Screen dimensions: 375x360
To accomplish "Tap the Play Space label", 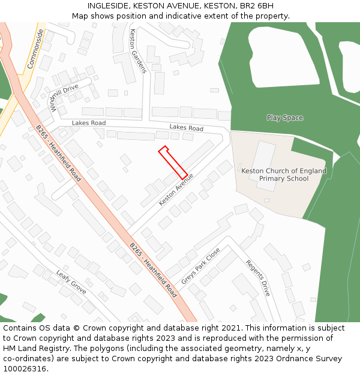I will pyautogui.click(x=284, y=118).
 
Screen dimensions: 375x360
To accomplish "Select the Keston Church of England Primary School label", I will pyautogui.click(x=284, y=175).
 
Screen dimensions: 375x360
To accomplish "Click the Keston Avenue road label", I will pyautogui.click(x=176, y=190).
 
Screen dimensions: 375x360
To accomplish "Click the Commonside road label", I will pyautogui.click(x=35, y=47).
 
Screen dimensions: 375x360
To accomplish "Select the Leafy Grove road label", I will pyautogui.click(x=71, y=282).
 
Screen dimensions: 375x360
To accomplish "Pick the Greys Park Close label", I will pyautogui.click(x=200, y=266).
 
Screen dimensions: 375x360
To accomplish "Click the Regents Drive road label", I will pyautogui.click(x=258, y=278).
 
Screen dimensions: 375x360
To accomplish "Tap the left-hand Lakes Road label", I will pyautogui.click(x=89, y=123).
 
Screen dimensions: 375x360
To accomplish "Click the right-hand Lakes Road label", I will pyautogui.click(x=186, y=128).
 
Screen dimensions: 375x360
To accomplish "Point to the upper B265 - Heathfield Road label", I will pyautogui.click(x=58, y=153).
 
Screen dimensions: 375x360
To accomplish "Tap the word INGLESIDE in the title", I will pyautogui.click(x=108, y=5).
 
